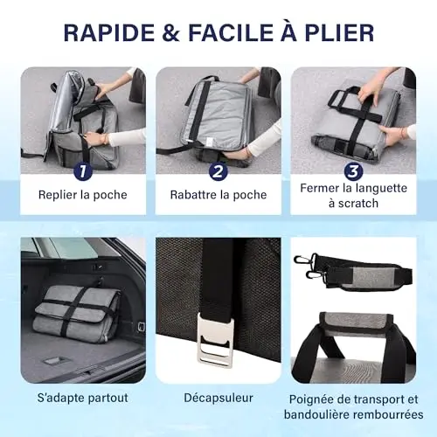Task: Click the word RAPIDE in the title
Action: coord(109,32)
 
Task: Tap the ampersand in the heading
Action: coord(171,32)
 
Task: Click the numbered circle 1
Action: coord(82,171)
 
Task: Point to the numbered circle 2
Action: coord(218,171)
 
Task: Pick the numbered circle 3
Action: coord(353,171)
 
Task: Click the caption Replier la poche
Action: coord(83,195)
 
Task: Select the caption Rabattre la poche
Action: coord(218,195)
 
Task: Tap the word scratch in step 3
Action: coord(357,204)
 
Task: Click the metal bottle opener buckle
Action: coord(215,341)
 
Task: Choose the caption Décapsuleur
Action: coord(218,398)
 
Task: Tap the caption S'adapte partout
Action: coord(83,398)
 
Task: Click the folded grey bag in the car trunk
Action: coord(76,311)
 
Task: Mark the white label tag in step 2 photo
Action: coord(209,142)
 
